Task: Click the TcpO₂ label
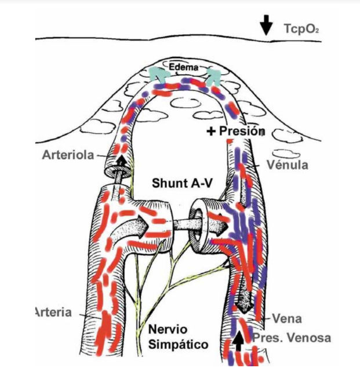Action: tap(301, 29)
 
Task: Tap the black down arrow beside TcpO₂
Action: tap(266, 25)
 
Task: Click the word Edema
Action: tap(184, 67)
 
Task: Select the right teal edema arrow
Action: tap(213, 76)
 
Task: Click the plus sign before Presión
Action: tap(211, 132)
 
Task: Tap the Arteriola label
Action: tap(68, 155)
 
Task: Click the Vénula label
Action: tap(288, 165)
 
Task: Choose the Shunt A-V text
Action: tap(181, 183)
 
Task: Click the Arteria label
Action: tap(54, 312)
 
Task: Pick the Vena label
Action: tap(287, 319)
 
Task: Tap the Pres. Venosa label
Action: tap(292, 338)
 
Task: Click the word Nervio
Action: tap(168, 329)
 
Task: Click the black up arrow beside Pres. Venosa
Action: tap(238, 340)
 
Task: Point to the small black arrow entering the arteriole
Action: tap(121, 161)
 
